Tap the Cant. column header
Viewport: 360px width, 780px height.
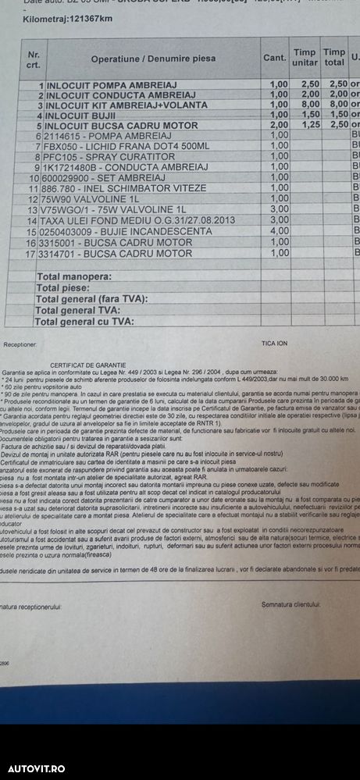pyautogui.click(x=273, y=57)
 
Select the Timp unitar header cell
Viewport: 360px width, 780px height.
pyautogui.click(x=305, y=57)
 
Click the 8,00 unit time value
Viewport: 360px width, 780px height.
pyautogui.click(x=308, y=104)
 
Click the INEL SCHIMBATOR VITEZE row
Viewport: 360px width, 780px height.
pyautogui.click(x=120, y=188)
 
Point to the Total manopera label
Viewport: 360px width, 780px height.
pyautogui.click(x=73, y=276)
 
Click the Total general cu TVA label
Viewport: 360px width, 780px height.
pyautogui.click(x=85, y=321)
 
